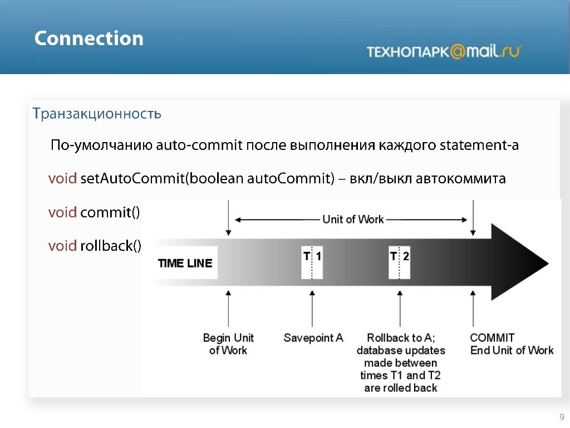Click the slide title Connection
point(89,38)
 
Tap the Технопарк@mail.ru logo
point(444,51)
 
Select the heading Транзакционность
point(97,114)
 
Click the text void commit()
point(94,212)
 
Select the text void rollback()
point(95,245)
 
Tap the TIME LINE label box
point(185,263)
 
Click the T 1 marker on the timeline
point(312,262)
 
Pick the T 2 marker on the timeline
point(400,262)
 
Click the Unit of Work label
point(353,220)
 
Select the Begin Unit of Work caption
point(228,344)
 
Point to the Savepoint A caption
point(313,338)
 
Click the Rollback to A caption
point(401,338)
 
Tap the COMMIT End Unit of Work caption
point(512,344)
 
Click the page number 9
point(562,417)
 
